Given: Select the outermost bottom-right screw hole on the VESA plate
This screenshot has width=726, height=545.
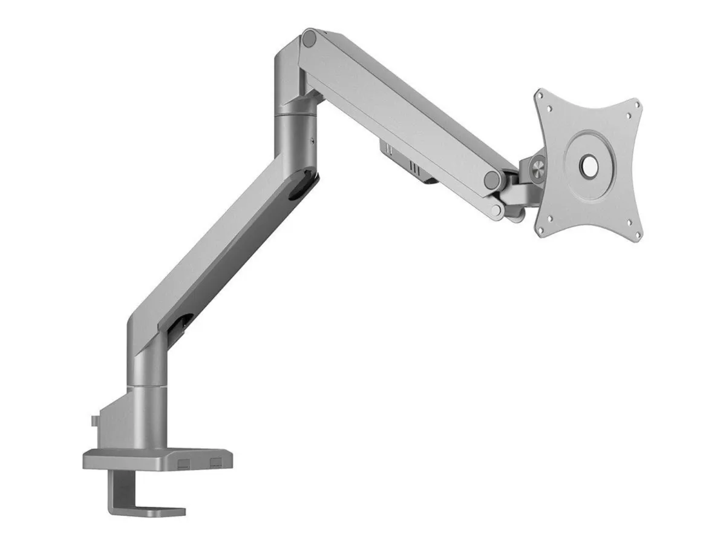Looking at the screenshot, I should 629,222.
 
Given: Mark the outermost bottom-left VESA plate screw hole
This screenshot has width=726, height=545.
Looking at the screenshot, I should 549,220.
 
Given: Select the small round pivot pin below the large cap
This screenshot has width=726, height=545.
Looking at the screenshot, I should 497,210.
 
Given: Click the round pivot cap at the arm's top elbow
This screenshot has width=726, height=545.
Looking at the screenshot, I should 310,39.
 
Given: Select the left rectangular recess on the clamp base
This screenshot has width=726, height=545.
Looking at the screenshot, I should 185,463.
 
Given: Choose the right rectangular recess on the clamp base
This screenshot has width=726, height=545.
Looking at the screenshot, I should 215,463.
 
